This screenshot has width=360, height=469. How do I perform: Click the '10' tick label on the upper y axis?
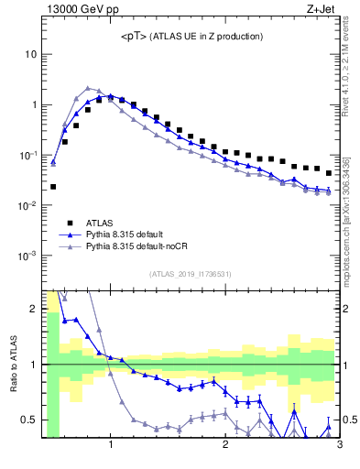click(x=30, y=54)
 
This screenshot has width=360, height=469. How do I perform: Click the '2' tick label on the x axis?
click(x=225, y=446)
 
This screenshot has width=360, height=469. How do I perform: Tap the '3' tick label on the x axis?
click(x=339, y=446)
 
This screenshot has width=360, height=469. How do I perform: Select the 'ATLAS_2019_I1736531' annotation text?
click(x=191, y=274)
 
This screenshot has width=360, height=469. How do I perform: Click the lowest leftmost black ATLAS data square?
click(x=53, y=187)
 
